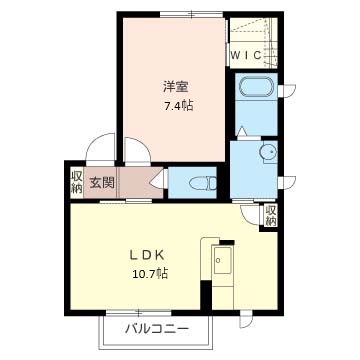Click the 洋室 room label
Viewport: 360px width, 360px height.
pos(175,87)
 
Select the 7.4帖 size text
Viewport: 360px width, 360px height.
pos(178,106)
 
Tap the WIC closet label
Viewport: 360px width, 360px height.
pos(246,55)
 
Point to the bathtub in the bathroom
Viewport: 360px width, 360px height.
pos(257,86)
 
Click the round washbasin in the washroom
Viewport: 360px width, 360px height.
pos(269,151)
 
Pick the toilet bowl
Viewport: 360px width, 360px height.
pos(202,183)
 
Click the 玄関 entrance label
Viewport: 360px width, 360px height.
pos(102,182)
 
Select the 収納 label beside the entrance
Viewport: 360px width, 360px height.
pos(77,182)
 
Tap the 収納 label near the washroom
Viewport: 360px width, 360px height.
pos(270,215)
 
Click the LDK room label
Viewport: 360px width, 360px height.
pos(146,255)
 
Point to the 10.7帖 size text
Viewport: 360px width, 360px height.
pos(150,274)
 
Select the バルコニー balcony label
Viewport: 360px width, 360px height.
pos(156,329)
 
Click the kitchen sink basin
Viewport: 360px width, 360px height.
pos(223,260)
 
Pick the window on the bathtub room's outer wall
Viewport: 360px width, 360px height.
pos(287,90)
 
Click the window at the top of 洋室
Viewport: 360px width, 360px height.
pos(191,14)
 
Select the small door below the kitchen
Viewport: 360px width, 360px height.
pos(246,320)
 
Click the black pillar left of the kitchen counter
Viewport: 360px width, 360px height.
pos(206,295)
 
